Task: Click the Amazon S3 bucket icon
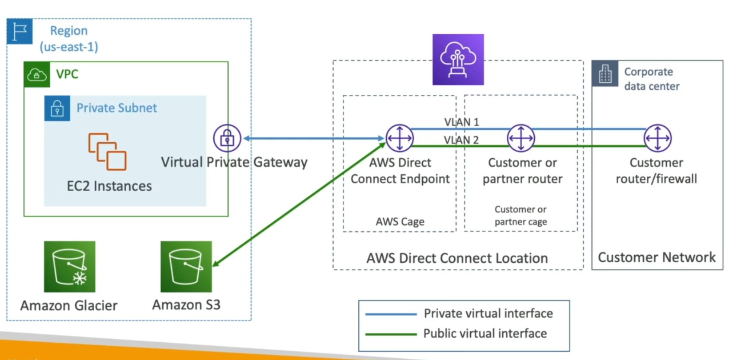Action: click(x=186, y=267)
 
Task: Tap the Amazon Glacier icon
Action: click(x=70, y=267)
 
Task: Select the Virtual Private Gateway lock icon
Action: click(x=227, y=138)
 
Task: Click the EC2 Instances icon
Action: click(x=107, y=151)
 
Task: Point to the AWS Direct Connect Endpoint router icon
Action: click(x=399, y=138)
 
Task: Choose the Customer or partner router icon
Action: click(x=521, y=138)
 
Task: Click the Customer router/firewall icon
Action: click(x=658, y=138)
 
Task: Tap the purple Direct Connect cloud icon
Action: click(x=458, y=60)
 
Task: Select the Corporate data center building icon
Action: click(x=605, y=74)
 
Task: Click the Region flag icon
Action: click(x=19, y=31)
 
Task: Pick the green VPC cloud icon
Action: click(x=37, y=75)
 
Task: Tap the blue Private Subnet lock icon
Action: click(x=57, y=108)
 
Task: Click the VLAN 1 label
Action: click(x=461, y=122)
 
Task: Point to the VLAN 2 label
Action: click(x=461, y=140)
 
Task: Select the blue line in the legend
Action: click(x=391, y=314)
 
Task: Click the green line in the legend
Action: click(x=391, y=334)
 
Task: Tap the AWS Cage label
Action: click(x=400, y=222)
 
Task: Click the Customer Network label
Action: click(x=656, y=257)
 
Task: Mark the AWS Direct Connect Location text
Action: click(x=457, y=258)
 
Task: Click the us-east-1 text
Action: click(x=69, y=47)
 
